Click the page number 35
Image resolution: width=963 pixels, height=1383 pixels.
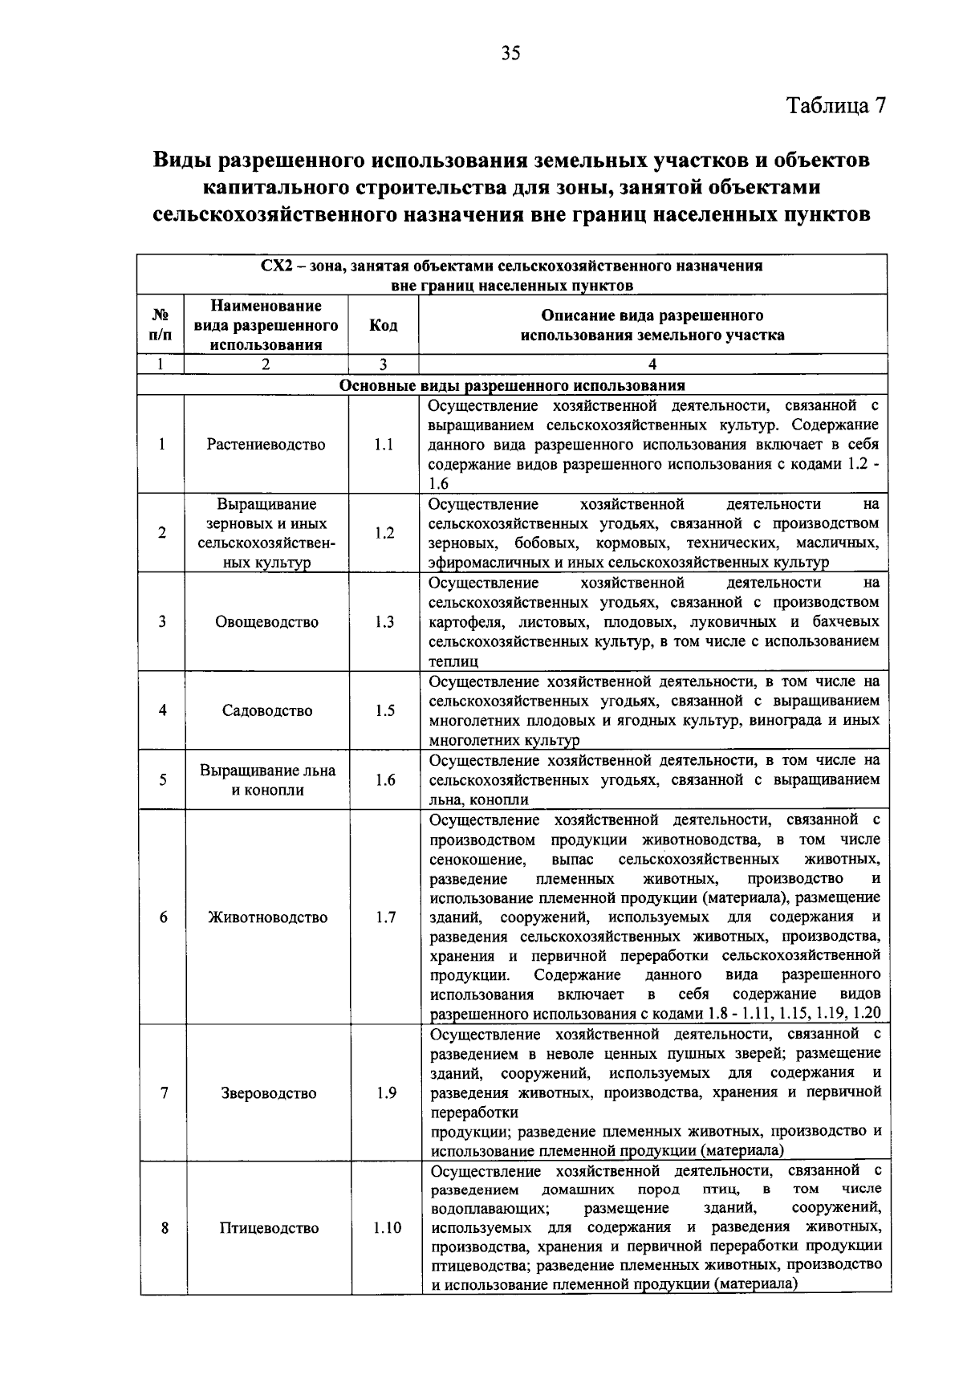click(511, 54)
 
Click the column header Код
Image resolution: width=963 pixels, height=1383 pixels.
click(383, 325)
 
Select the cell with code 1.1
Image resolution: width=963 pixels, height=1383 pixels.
click(384, 445)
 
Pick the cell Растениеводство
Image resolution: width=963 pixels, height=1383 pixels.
click(266, 445)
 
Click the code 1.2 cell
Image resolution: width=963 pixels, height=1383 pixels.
click(384, 533)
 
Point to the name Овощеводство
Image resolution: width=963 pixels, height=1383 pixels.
click(266, 622)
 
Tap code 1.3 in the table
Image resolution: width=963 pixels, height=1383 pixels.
click(384, 622)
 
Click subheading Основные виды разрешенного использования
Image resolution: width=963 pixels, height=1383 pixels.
click(512, 385)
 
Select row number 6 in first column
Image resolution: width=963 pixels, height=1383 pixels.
click(163, 917)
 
